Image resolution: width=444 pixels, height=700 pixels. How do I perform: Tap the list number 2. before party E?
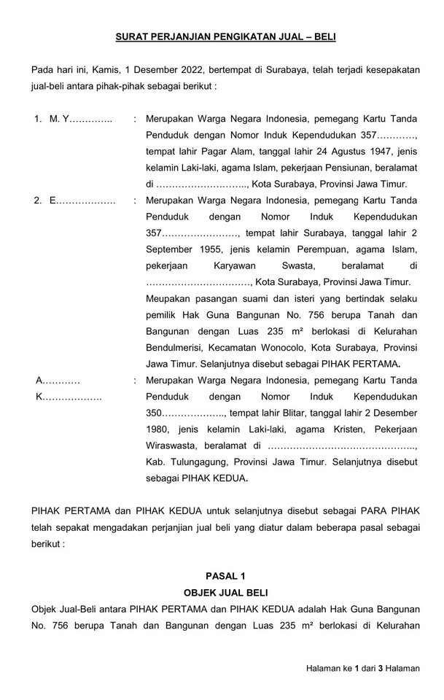39,201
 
